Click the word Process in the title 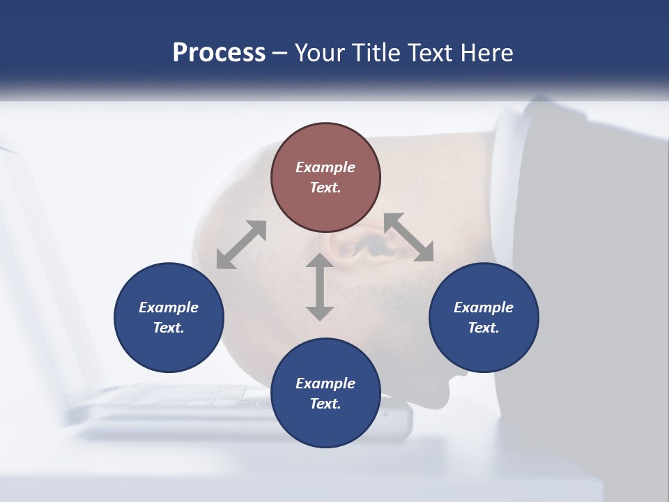click(x=219, y=53)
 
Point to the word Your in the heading click(x=319, y=53)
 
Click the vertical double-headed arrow click(x=320, y=287)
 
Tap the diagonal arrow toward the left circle click(x=241, y=245)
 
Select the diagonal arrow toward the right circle click(x=408, y=238)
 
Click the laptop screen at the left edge click(x=28, y=244)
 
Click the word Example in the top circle click(x=325, y=167)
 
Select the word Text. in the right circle click(x=484, y=328)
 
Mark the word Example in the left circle click(x=169, y=307)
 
